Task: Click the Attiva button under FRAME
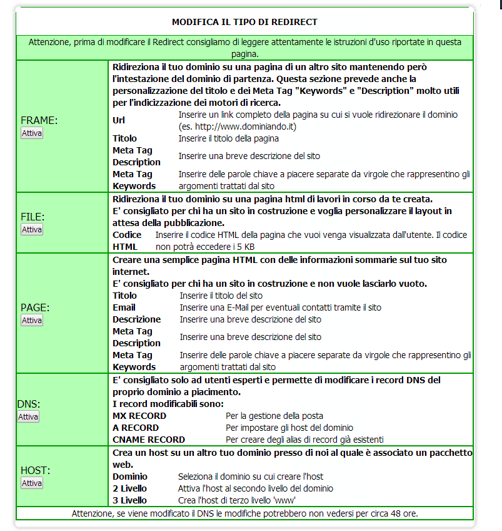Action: (x=32, y=133)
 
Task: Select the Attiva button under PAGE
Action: (x=32, y=320)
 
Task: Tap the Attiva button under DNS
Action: (x=28, y=416)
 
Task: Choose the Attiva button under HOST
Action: (x=32, y=483)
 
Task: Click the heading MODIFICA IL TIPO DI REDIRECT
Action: (x=244, y=22)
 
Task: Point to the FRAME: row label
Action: (x=39, y=120)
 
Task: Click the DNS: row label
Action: (x=28, y=404)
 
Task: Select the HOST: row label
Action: (x=36, y=470)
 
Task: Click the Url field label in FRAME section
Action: (x=119, y=120)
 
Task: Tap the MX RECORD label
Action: (x=139, y=416)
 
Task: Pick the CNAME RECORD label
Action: (x=149, y=440)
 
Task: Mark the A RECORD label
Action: (x=136, y=428)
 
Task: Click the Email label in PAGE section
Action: (x=124, y=307)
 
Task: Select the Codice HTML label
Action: (x=127, y=241)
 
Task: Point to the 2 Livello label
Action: (x=129, y=488)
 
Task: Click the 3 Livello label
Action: (x=129, y=500)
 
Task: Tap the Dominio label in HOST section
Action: (x=129, y=477)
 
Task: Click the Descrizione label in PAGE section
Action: (x=136, y=319)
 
